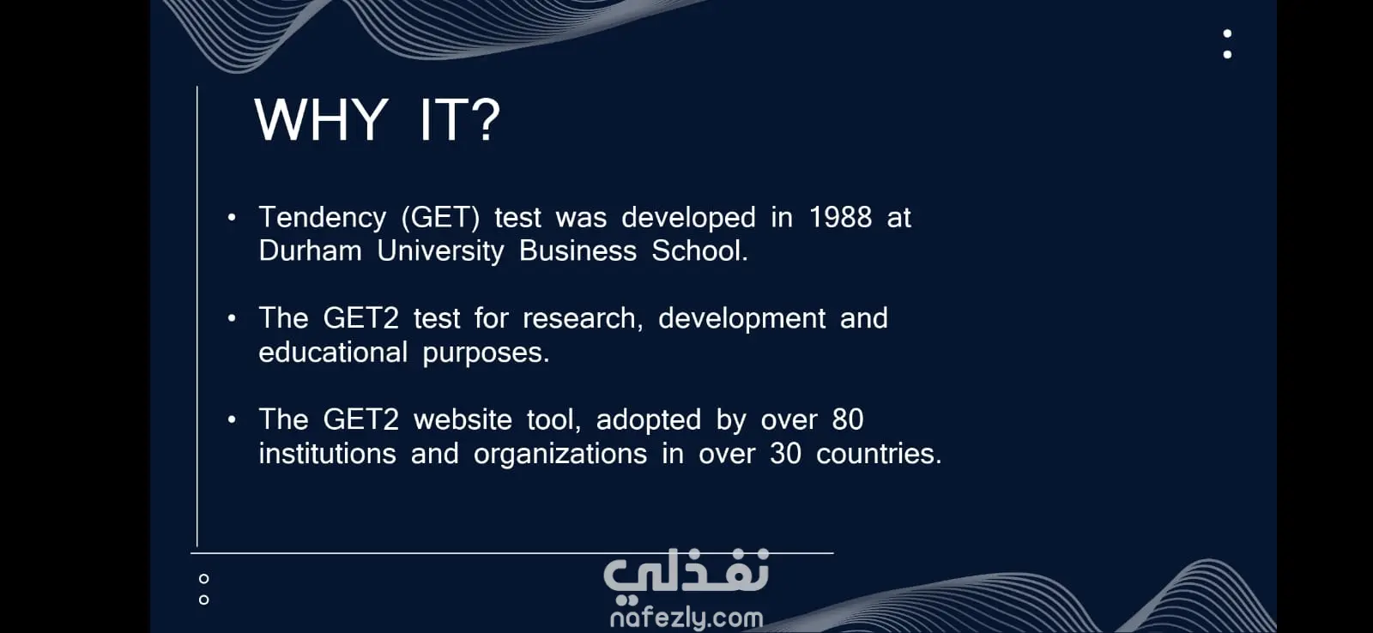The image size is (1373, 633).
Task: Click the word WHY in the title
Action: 321,119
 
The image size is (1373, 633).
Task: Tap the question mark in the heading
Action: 487,119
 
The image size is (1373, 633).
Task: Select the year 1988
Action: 840,218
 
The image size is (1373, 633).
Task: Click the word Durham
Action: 310,251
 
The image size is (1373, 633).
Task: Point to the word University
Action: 440,252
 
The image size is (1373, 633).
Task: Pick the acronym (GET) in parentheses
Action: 441,218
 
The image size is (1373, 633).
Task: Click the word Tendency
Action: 323,219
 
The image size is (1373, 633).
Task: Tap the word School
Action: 699,251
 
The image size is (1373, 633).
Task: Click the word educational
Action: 333,353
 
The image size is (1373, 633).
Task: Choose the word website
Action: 463,420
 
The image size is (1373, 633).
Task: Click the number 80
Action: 848,420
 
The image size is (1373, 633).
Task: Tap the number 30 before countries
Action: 786,454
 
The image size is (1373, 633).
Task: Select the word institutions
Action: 327,454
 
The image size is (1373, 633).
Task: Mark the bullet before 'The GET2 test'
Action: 232,318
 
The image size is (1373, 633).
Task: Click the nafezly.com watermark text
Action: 686,617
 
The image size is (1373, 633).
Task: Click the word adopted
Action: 649,420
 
